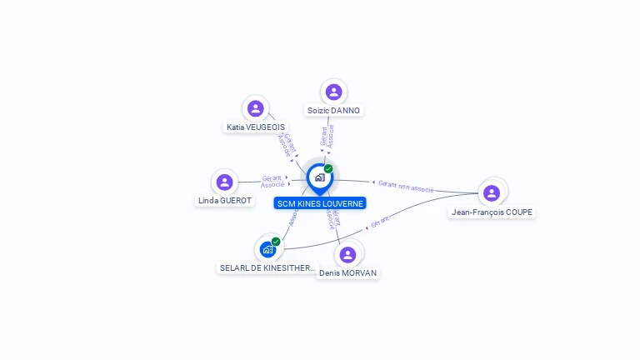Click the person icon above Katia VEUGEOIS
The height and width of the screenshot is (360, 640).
click(255, 108)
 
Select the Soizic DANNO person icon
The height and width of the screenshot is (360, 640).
click(333, 92)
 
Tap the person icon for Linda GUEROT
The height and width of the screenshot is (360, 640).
click(224, 182)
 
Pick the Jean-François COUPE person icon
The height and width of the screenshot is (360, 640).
click(491, 193)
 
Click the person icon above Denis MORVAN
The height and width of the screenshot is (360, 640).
click(348, 254)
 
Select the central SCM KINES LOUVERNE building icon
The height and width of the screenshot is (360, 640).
click(319, 177)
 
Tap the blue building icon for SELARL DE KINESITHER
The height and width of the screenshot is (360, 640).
click(267, 249)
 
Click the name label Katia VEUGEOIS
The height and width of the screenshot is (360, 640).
click(255, 127)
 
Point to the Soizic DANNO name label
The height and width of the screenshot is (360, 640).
click(334, 110)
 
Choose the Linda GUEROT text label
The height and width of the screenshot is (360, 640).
click(224, 201)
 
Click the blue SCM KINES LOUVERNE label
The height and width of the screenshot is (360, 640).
click(320, 203)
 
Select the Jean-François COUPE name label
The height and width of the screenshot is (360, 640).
click(492, 212)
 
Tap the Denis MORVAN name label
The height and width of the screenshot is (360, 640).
click(348, 273)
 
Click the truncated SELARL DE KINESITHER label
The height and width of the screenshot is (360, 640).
click(267, 268)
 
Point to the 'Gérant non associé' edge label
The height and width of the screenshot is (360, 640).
click(406, 185)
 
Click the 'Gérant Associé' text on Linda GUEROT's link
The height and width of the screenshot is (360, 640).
click(273, 181)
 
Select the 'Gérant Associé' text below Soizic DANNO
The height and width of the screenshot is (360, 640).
click(327, 137)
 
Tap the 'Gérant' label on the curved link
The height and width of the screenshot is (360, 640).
click(379, 222)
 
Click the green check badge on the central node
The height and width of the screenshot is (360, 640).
click(328, 169)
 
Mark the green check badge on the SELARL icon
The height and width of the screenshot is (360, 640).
click(276, 242)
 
